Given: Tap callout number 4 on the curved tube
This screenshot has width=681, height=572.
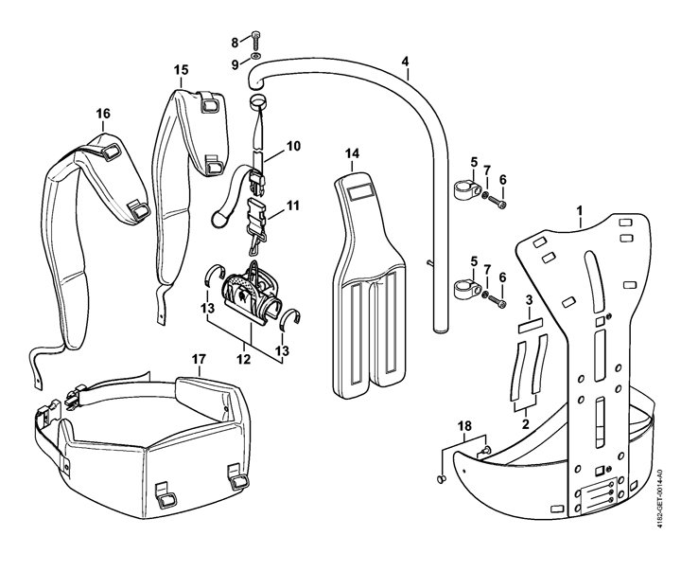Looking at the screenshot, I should tap(405, 63).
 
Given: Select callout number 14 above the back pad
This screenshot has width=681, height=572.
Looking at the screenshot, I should tap(352, 152).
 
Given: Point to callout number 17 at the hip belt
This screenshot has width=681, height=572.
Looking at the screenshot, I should tap(198, 359).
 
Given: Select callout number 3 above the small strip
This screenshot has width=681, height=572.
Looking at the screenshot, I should tap(529, 299).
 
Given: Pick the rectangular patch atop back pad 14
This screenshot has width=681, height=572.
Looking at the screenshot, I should tap(360, 192).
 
